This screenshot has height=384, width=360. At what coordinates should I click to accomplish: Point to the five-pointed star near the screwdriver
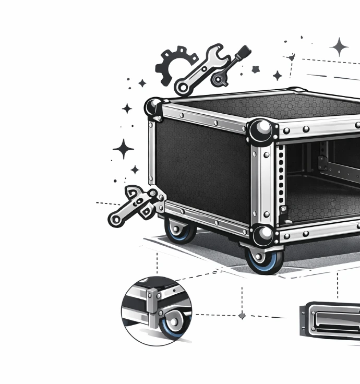(256, 69)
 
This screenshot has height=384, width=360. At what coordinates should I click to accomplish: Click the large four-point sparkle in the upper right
(339, 47)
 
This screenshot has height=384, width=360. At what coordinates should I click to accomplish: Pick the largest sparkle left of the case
(124, 149)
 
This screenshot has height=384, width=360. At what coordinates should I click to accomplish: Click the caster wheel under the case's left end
(177, 230)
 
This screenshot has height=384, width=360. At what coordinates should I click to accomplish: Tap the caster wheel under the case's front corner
(263, 259)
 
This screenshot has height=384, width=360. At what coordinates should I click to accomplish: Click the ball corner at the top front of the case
(260, 131)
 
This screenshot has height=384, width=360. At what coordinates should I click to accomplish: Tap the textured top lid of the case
(261, 106)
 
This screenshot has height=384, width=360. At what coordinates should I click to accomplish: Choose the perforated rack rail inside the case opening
(281, 177)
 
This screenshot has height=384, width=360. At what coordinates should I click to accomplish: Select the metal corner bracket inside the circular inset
(152, 303)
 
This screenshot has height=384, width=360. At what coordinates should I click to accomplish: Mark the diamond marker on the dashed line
(242, 316)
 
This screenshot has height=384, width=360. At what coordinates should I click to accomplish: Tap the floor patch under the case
(209, 250)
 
